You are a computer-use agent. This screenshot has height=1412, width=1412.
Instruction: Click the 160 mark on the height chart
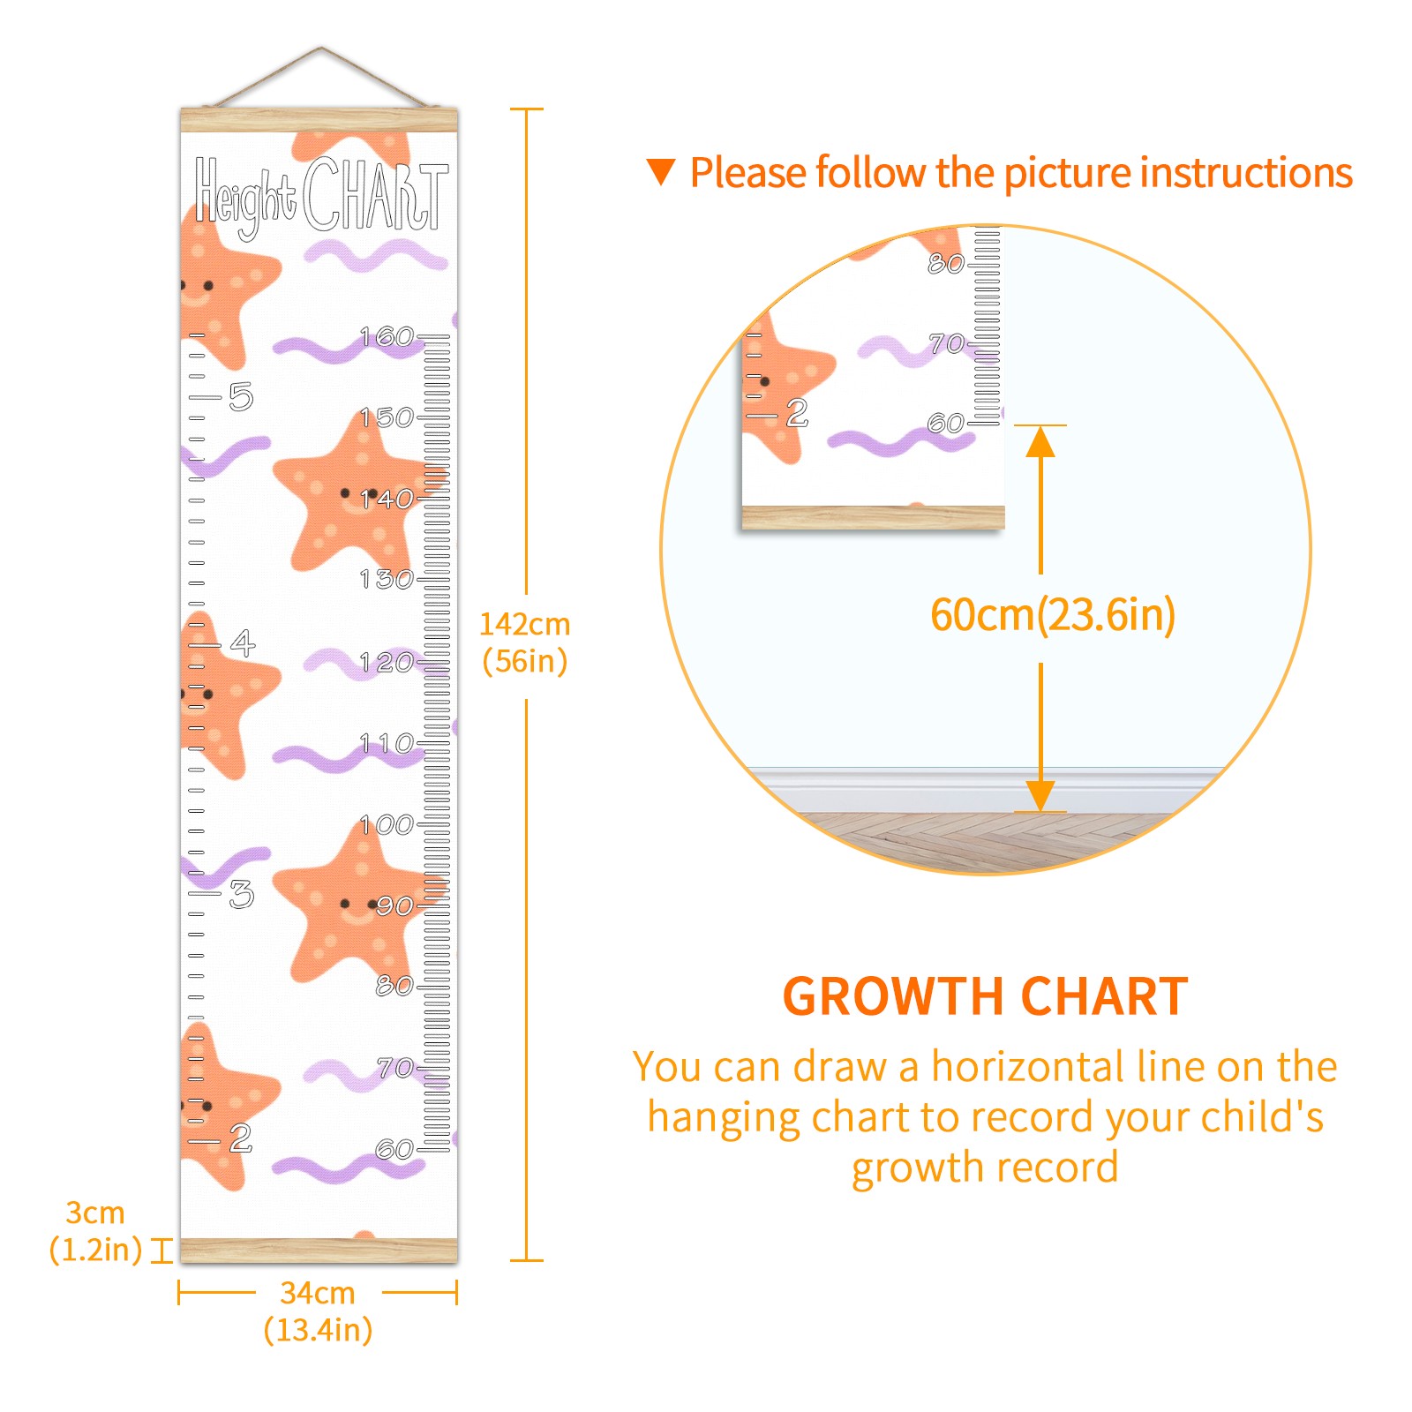click(387, 336)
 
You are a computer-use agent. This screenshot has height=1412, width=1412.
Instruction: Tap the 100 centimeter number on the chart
click(387, 825)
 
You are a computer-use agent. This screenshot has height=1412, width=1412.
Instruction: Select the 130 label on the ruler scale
click(387, 579)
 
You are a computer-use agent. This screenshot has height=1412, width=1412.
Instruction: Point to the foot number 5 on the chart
click(241, 396)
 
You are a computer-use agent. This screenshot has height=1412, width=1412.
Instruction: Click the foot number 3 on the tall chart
click(241, 894)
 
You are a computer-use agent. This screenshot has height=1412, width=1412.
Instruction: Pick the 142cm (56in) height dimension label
click(524, 642)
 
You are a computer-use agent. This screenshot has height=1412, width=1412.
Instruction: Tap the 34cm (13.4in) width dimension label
click(318, 1311)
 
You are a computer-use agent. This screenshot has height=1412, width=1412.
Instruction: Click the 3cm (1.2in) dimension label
click(95, 1231)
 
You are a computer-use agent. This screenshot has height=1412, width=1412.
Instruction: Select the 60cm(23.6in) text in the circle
click(1053, 614)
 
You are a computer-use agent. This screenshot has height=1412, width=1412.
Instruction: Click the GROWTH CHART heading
click(985, 996)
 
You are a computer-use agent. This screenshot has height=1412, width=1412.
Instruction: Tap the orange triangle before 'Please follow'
click(661, 171)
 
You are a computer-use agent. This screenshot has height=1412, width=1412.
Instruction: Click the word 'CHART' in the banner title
click(375, 195)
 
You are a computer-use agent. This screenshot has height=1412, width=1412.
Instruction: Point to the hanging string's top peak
click(321, 49)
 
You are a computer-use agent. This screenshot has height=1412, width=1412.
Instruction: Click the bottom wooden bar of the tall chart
click(319, 1250)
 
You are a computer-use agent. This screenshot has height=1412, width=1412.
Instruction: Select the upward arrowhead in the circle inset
click(1040, 441)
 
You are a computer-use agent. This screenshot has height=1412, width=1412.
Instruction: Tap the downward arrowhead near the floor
click(1040, 794)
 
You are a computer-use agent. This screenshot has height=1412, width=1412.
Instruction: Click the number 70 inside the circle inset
click(946, 343)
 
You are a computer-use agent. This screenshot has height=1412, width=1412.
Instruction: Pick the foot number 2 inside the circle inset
click(797, 412)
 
